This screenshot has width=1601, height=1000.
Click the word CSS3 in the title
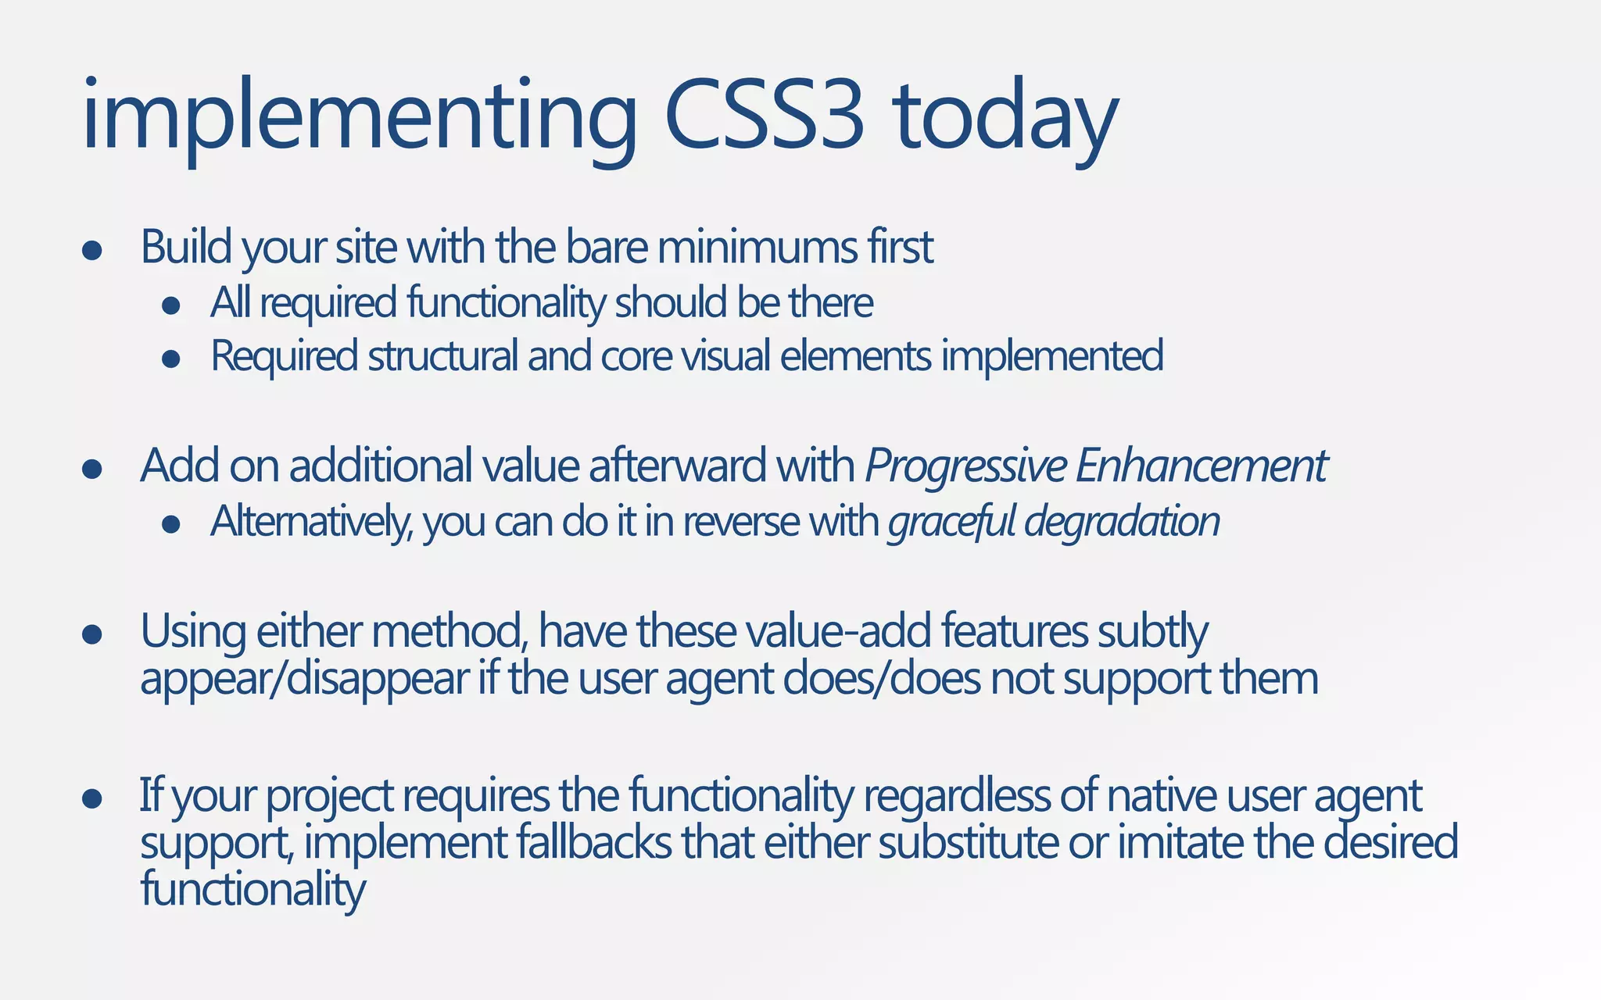765,117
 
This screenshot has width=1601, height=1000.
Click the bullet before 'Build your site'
92,250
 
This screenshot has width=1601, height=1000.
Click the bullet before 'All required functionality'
171,305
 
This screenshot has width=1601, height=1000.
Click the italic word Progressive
965,466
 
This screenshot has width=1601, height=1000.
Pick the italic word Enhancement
1201,466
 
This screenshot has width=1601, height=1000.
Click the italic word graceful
951,521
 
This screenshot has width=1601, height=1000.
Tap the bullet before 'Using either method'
92,634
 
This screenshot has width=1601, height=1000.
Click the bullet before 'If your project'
92,798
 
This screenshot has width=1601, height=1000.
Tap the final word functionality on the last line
253,890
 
